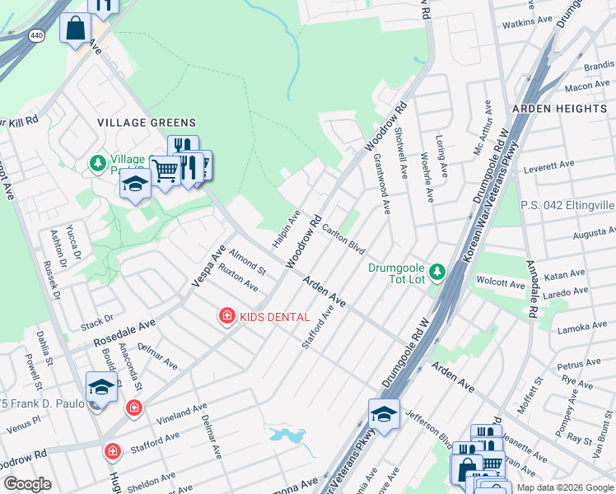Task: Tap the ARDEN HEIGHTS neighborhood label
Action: pyautogui.click(x=559, y=109)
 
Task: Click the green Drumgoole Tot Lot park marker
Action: pyautogui.click(x=437, y=271)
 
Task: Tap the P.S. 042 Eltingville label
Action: pyautogui.click(x=567, y=205)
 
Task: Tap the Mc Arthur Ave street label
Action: pyautogui.click(x=483, y=128)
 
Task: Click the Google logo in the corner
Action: pyautogui.click(x=28, y=484)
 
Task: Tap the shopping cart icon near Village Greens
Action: pyautogui.click(x=166, y=171)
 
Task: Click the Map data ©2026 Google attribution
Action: pyautogui.click(x=564, y=487)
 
